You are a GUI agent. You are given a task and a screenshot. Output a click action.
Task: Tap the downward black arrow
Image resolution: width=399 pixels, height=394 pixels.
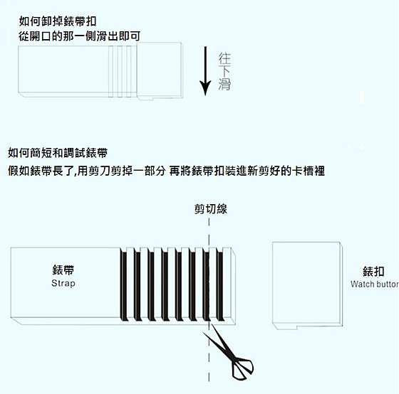[x=205, y=71]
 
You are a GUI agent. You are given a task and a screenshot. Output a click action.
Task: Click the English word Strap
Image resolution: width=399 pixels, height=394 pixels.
[x=63, y=283]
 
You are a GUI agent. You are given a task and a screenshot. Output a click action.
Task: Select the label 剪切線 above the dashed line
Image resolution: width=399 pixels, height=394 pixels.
[x=211, y=209]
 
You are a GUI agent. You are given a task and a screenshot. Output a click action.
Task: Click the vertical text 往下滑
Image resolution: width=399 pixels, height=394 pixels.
[x=224, y=71]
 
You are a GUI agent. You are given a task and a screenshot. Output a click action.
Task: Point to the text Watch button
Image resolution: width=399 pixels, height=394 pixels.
[x=375, y=284]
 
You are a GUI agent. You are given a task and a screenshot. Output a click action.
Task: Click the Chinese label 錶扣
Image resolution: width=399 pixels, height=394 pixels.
[x=373, y=272]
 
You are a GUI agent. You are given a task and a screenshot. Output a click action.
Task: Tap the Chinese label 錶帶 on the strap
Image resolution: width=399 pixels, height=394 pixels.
[x=63, y=270]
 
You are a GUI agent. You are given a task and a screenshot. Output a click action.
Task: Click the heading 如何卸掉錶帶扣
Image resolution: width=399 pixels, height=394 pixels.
[x=58, y=21]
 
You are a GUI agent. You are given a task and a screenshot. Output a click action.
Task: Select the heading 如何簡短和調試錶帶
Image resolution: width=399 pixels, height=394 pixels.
[x=58, y=153]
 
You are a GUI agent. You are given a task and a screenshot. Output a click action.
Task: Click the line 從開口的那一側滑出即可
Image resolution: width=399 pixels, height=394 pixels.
[x=80, y=36]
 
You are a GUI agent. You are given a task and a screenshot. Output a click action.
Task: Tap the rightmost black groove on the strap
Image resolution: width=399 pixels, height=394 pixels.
[x=220, y=286]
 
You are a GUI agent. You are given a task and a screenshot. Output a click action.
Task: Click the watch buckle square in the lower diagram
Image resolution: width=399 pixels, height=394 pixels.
[x=307, y=285]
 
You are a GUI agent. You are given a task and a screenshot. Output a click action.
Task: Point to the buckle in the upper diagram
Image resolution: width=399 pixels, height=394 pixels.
[x=160, y=71]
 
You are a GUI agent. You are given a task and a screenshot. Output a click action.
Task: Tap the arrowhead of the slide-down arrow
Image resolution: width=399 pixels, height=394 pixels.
[x=205, y=88]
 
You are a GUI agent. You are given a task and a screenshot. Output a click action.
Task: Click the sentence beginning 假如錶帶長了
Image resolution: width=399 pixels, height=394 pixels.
[x=166, y=171]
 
